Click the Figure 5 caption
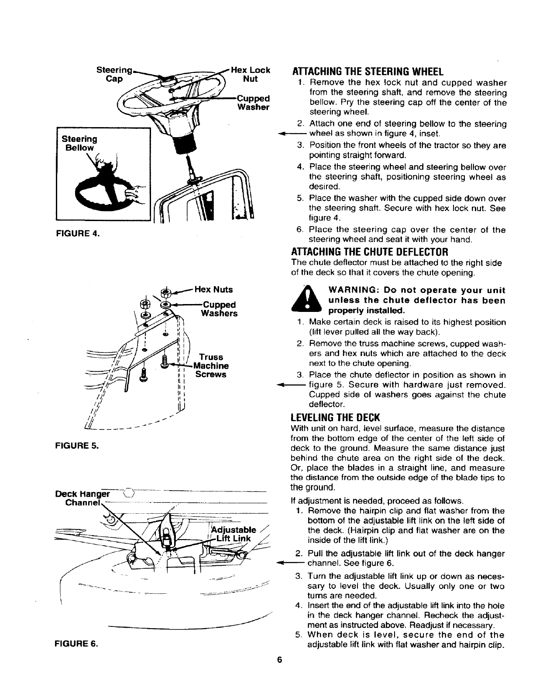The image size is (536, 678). pos(77,446)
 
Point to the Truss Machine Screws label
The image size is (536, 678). pos(211,366)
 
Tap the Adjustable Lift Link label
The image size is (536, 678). pos(234,534)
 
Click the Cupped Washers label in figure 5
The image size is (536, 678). pos(219,309)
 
